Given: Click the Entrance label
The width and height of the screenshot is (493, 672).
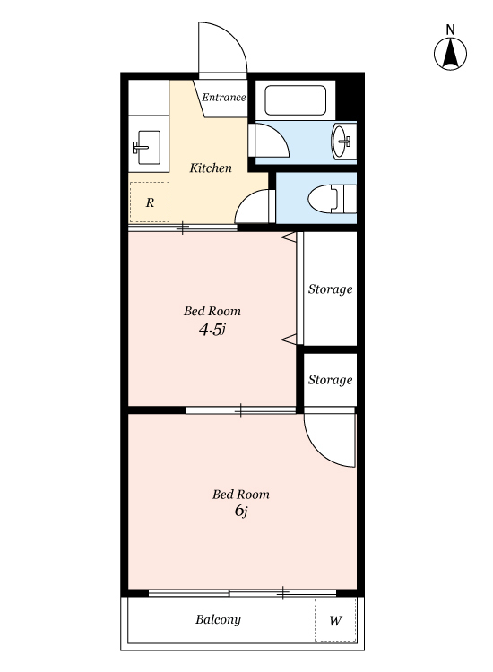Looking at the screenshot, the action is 224,98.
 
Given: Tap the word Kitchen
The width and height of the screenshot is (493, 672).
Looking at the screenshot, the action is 211,168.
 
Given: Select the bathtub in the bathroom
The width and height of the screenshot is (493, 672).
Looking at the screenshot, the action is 296,100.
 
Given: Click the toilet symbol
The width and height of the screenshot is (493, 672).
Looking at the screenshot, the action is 332,198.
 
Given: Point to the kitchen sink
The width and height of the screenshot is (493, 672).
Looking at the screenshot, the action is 147,148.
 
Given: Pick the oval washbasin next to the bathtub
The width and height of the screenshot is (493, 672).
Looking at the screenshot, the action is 342,142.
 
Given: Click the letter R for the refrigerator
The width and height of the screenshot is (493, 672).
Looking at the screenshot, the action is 150,202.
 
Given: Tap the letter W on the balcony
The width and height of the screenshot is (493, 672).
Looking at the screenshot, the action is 335,621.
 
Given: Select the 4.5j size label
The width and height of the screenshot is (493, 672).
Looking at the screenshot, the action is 212,330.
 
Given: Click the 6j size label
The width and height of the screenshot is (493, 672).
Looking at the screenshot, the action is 241,511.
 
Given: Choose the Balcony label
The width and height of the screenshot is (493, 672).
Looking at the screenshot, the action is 218,620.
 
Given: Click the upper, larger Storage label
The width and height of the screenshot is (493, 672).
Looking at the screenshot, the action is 330,289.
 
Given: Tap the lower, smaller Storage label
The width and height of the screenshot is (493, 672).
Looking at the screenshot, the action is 330,380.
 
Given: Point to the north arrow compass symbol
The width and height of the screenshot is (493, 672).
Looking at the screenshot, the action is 450,54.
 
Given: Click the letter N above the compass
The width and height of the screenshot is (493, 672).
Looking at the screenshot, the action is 450,30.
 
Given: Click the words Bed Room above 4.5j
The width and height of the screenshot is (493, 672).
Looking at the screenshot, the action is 212,311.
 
